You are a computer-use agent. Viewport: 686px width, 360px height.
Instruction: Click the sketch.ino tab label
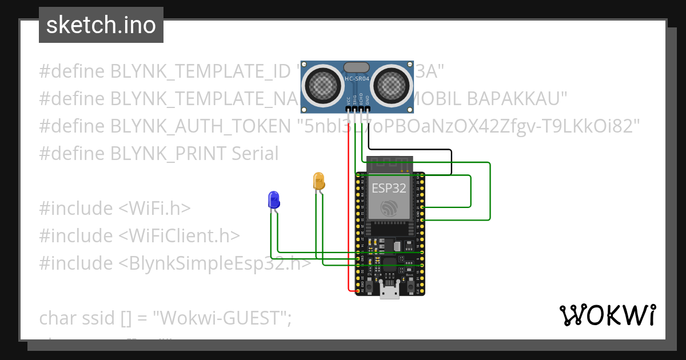[x=101, y=25]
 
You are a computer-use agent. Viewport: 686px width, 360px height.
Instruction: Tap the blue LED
[x=274, y=199]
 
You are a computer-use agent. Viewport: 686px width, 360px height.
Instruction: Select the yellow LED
[x=318, y=181]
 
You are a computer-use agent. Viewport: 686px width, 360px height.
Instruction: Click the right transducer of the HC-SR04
[x=393, y=86]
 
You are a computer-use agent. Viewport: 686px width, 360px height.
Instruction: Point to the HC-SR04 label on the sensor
[x=357, y=78]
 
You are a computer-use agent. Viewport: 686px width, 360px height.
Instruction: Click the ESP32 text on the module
[x=389, y=187]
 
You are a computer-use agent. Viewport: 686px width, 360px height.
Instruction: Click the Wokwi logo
[x=607, y=315]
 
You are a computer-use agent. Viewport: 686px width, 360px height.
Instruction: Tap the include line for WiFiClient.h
[x=139, y=235]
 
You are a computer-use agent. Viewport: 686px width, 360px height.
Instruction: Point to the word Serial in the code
[x=255, y=154]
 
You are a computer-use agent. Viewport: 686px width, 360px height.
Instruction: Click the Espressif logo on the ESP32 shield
[x=389, y=209]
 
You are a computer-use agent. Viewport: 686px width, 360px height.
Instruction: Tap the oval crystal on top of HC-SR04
[x=357, y=67]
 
